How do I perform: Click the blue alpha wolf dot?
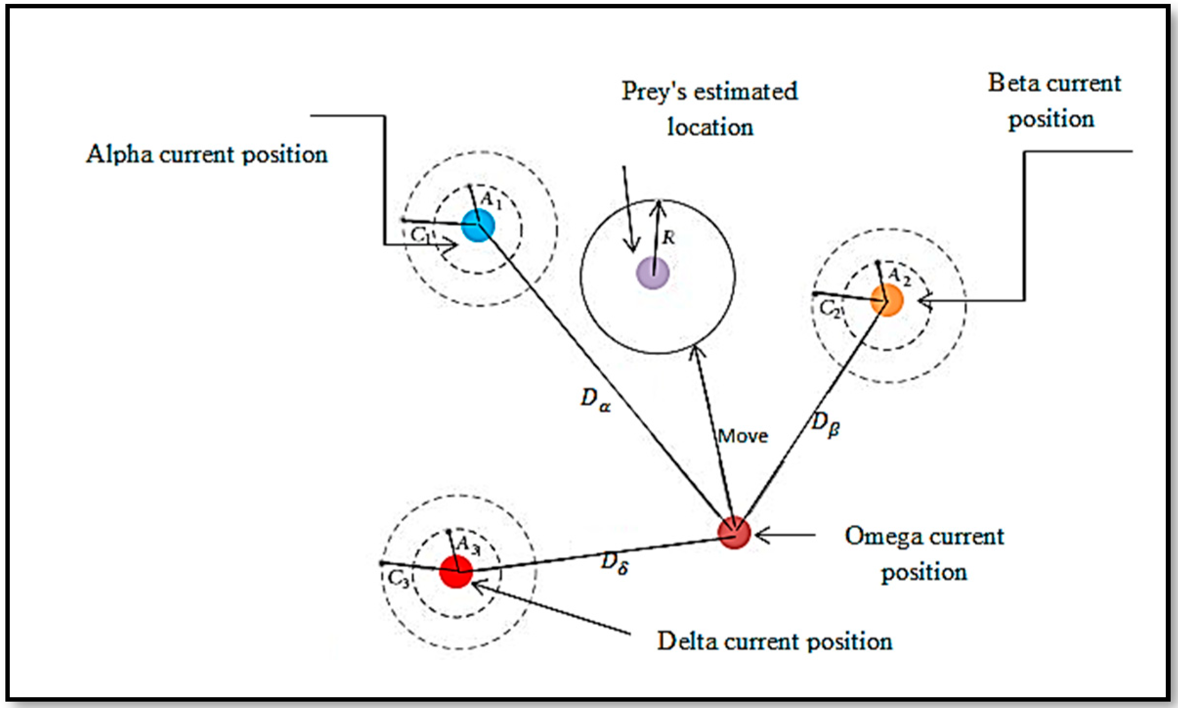coord(478,225)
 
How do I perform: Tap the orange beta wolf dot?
coord(886,301)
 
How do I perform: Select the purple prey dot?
coord(652,273)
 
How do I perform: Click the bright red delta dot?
coord(456,571)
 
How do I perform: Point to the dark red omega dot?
coord(733,533)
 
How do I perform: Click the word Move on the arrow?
coord(743,436)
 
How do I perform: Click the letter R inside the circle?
coord(668,238)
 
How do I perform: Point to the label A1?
coord(491,199)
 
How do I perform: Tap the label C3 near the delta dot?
coord(398,579)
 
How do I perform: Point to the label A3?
coord(468,545)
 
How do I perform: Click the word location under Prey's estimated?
coord(710,128)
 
